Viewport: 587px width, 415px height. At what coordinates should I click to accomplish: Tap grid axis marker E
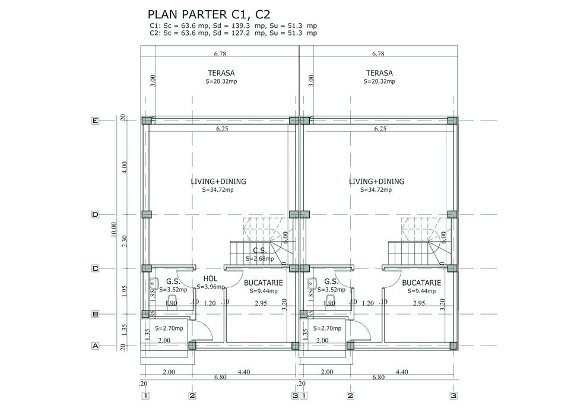pos(95,121)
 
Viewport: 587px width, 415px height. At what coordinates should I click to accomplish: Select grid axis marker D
pos(95,214)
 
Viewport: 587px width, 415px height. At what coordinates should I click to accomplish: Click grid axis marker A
pos(95,345)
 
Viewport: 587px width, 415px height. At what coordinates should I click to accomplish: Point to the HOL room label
pos(210,278)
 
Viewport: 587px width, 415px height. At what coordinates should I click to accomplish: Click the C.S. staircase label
pos(259,251)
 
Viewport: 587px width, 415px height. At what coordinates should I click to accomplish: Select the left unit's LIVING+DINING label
pos(218,182)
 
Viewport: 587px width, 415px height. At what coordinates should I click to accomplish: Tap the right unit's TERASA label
pos(379,73)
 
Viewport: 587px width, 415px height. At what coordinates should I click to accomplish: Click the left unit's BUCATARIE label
pos(263,283)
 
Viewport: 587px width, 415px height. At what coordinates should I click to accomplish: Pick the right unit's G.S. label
pos(331,281)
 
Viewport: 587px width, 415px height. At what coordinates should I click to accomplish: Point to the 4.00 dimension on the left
pos(125,167)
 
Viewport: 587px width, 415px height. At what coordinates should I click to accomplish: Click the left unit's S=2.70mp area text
pos(169,328)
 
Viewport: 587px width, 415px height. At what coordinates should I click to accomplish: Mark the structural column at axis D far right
pos(452,214)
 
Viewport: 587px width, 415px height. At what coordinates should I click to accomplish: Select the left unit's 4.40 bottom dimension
pos(244,372)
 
